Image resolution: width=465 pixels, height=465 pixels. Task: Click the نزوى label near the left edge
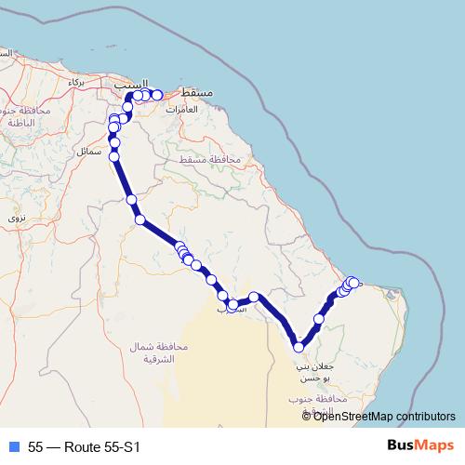click(x=17, y=217)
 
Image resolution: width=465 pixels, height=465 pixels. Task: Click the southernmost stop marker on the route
click(x=299, y=347)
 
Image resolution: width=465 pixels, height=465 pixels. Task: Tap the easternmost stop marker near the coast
click(x=354, y=282)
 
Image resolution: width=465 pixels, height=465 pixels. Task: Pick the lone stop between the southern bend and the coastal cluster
click(x=319, y=319)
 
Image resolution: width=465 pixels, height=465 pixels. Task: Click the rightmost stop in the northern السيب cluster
click(x=158, y=95)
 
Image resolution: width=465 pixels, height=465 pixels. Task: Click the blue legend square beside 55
click(x=14, y=445)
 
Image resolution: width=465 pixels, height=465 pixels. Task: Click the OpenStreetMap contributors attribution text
click(x=384, y=416)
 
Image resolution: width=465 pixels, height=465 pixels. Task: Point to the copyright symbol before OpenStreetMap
click(x=307, y=416)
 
